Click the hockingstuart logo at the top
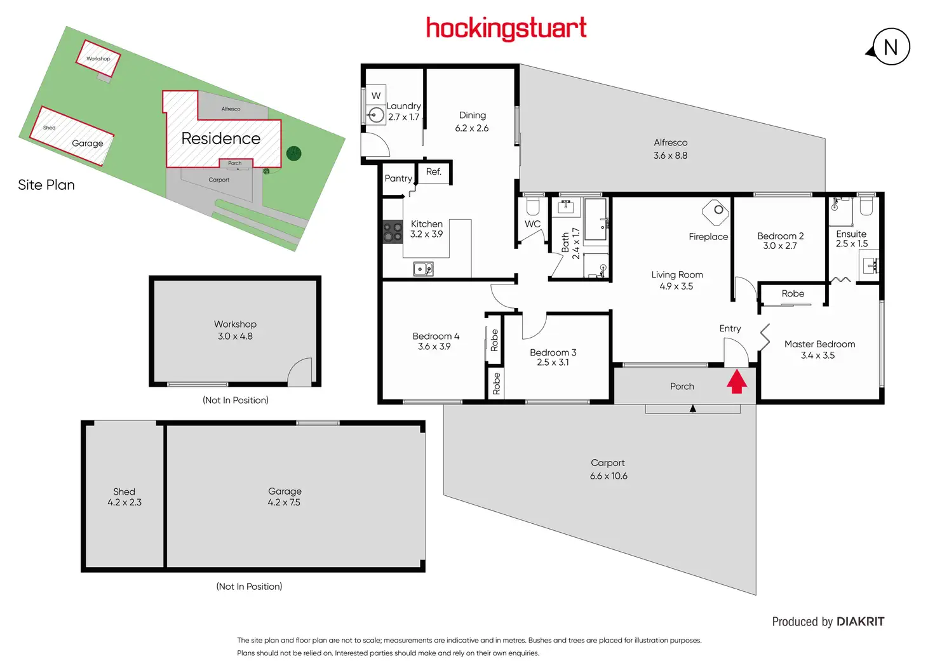[506, 29]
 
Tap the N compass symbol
[891, 47]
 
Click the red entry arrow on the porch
[736, 382]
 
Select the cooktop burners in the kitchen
[393, 232]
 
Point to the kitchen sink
[423, 269]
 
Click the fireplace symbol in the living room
[715, 212]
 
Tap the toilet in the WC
[533, 206]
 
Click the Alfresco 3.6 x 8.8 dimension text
[670, 156]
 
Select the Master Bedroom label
[819, 344]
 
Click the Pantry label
[398, 178]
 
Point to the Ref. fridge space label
[434, 172]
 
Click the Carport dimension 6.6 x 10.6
[609, 476]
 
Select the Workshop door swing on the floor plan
[300, 372]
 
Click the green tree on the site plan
[293, 153]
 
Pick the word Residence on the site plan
[220, 138]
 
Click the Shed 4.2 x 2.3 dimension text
[124, 502]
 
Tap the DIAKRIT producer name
[860, 622]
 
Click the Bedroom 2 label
[780, 236]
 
